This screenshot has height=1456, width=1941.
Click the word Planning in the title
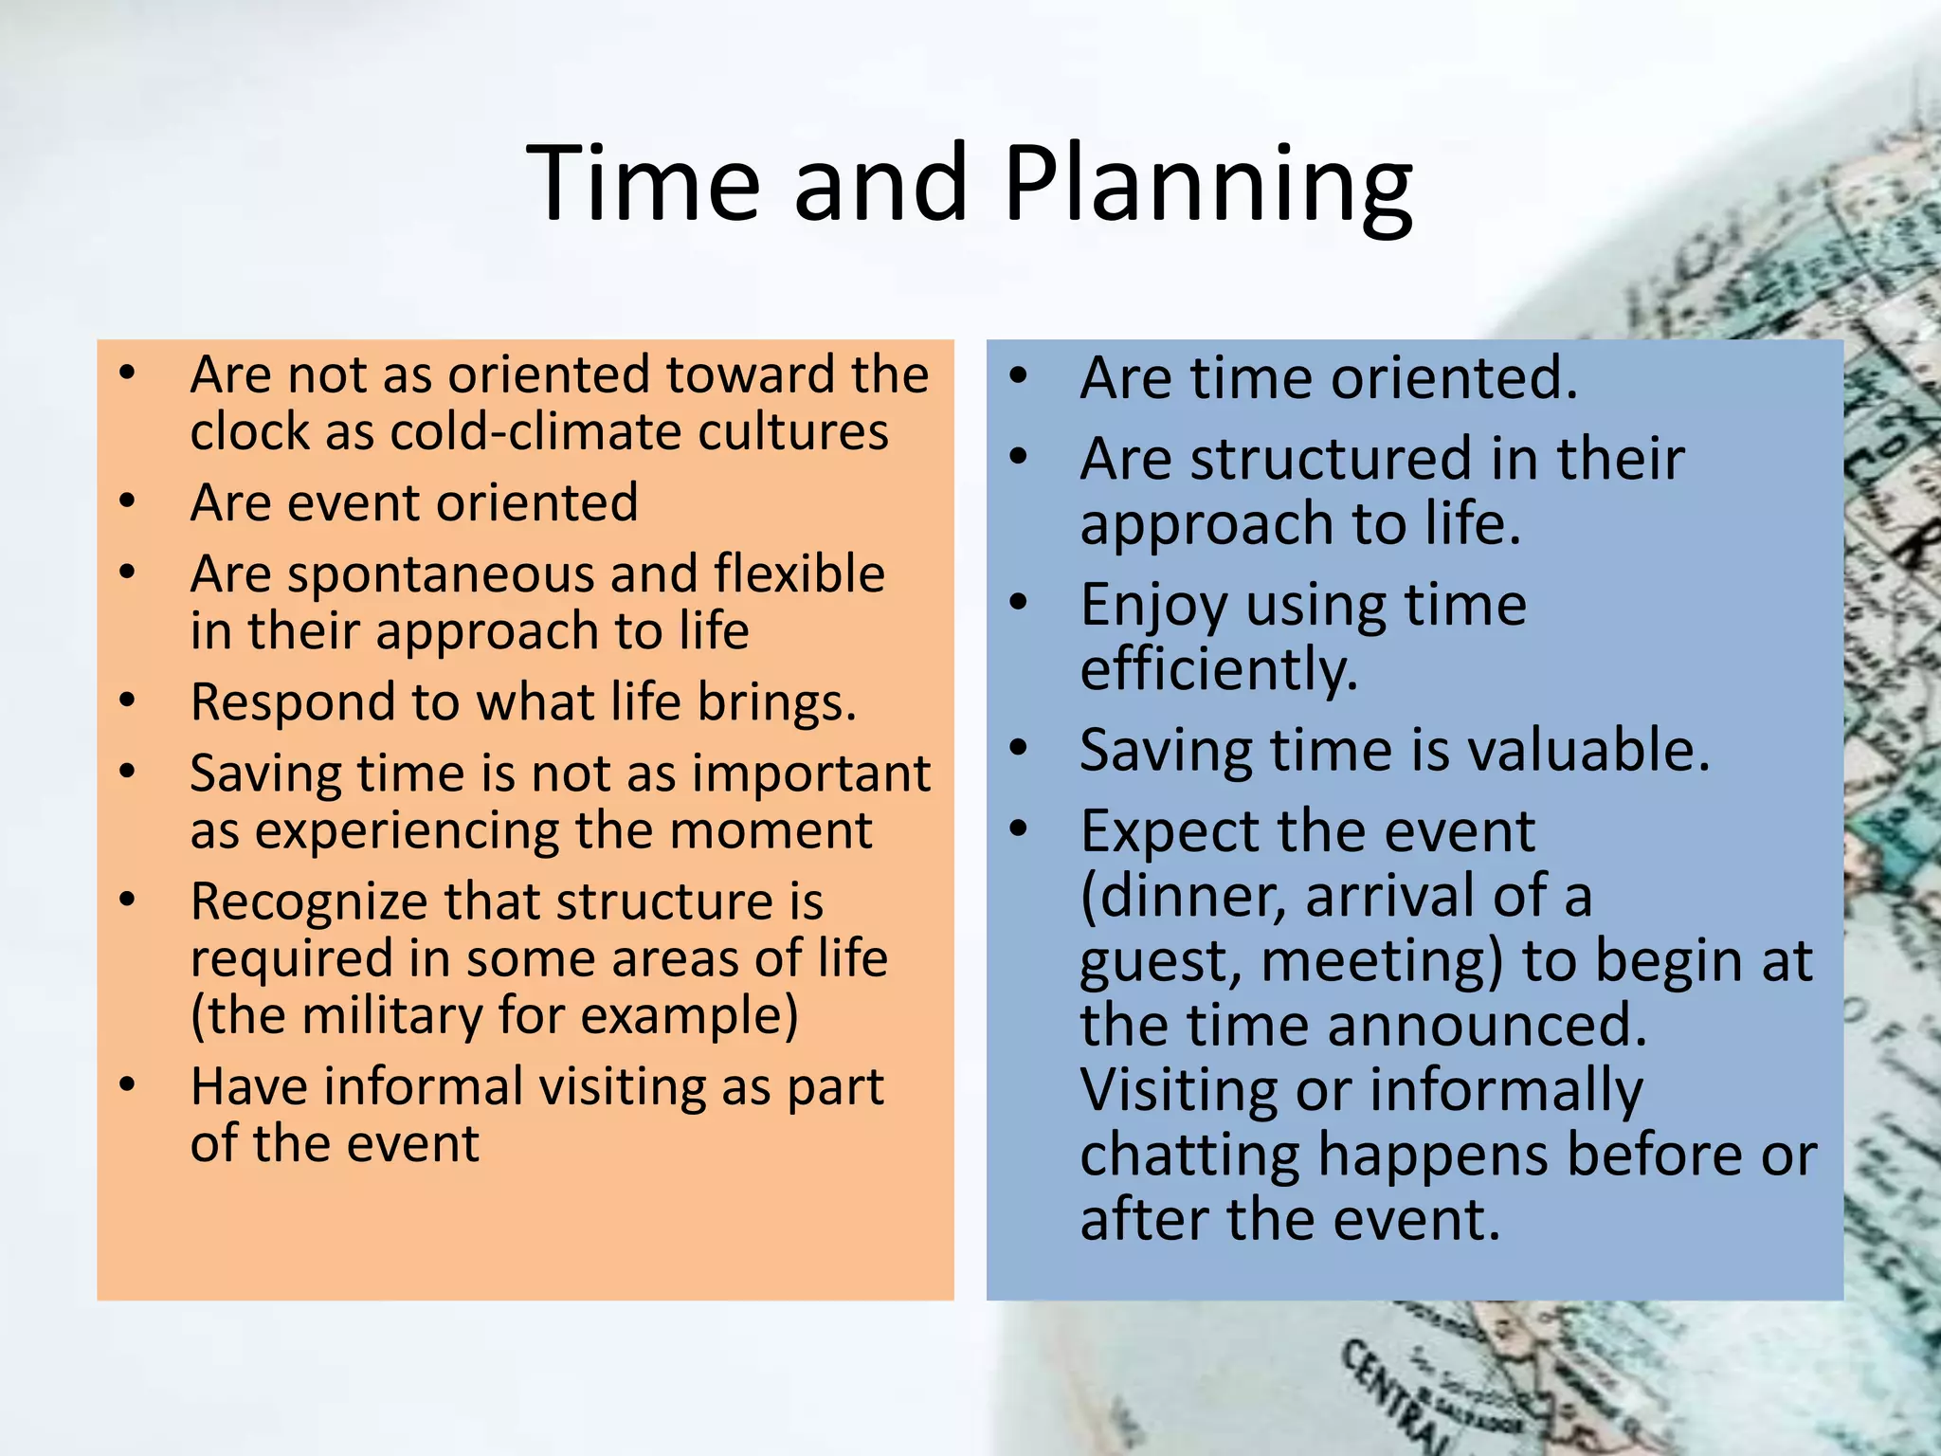(x=1207, y=185)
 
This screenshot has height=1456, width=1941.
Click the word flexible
(x=799, y=573)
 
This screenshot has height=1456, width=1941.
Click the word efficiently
(x=1219, y=670)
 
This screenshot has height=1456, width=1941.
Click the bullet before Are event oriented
(x=127, y=501)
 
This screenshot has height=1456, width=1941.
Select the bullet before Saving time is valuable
(x=1018, y=749)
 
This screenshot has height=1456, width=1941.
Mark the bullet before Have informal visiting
(x=127, y=1084)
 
